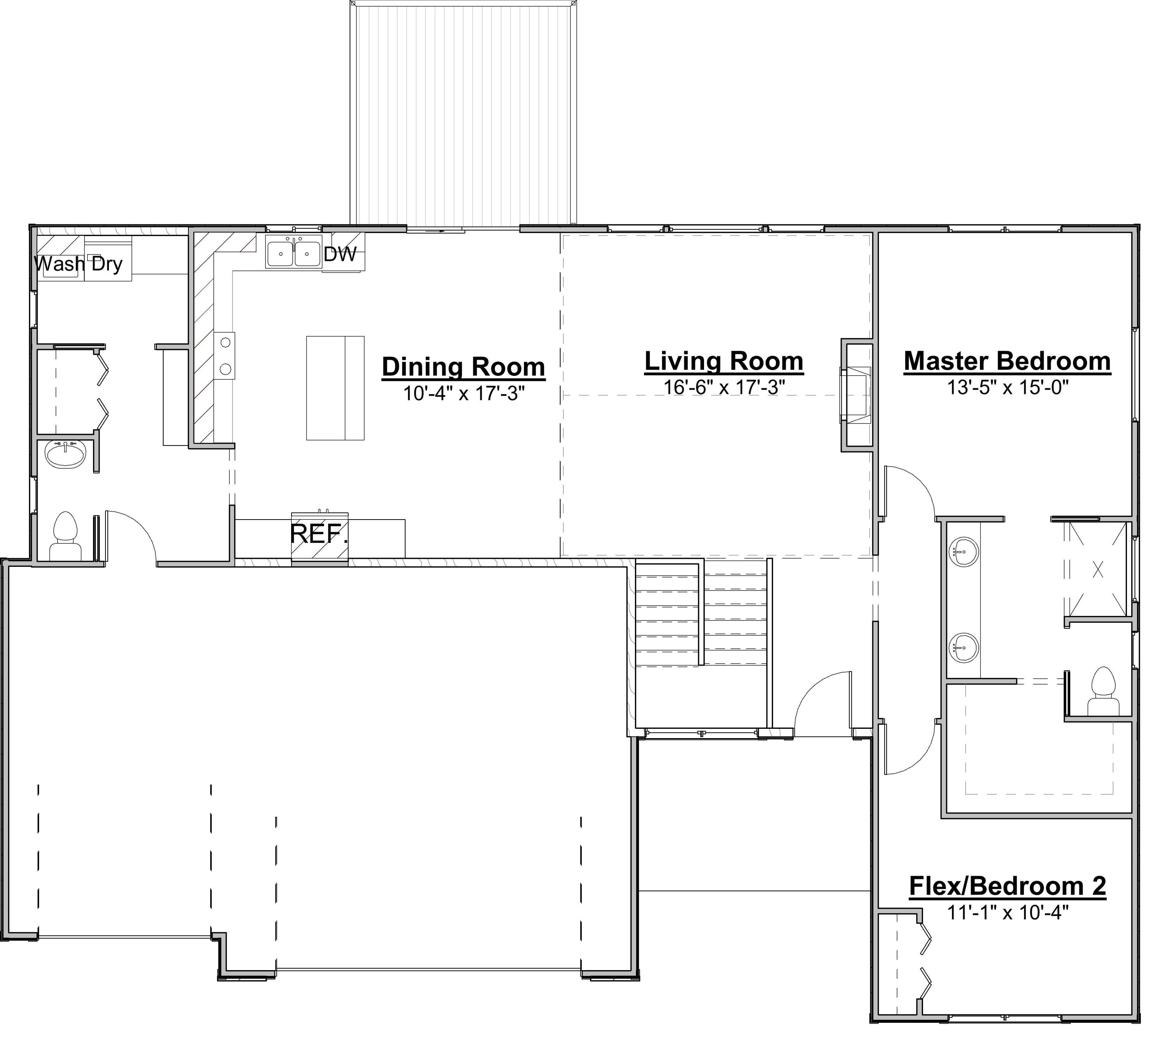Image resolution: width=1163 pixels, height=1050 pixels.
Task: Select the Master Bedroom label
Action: [1007, 361]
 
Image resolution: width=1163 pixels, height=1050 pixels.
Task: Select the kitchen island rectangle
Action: [335, 388]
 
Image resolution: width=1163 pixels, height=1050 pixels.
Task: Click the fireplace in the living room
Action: [856, 395]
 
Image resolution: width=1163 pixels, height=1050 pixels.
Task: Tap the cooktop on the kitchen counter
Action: [225, 356]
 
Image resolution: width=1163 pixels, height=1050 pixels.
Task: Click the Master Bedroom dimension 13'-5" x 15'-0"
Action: [1007, 387]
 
